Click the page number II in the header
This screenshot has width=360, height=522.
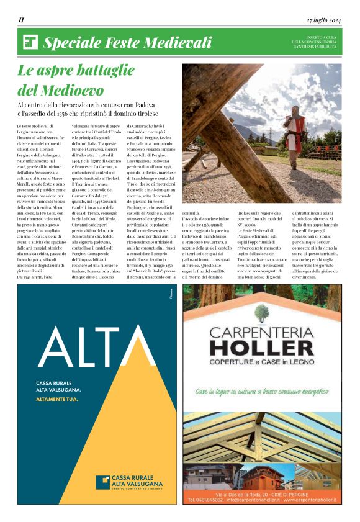21,20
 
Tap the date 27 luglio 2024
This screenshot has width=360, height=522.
323,20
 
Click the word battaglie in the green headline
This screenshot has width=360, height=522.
120,71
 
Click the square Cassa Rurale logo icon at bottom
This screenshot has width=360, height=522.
103,481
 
